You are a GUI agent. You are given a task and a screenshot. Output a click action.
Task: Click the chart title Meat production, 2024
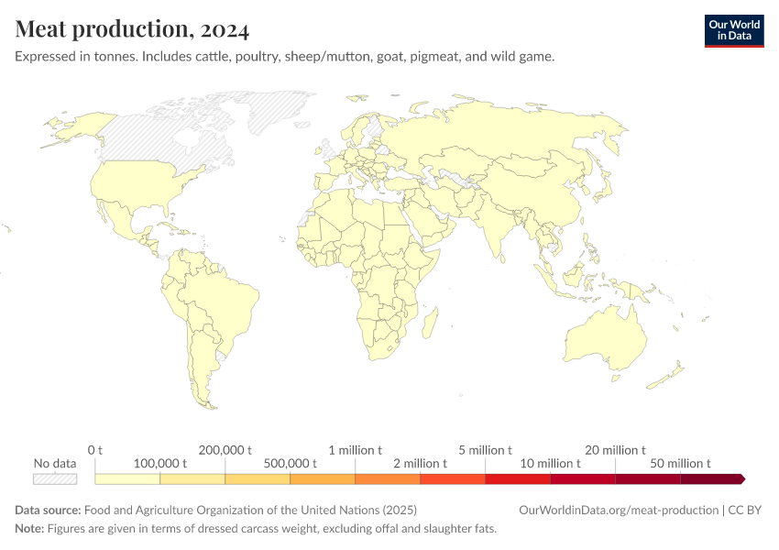[x=132, y=30]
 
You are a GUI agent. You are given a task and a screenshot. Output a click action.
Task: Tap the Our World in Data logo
[x=733, y=30]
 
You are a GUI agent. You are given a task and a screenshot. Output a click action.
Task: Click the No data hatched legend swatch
[x=55, y=478]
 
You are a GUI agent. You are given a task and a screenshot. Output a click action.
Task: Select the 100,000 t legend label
[x=160, y=464]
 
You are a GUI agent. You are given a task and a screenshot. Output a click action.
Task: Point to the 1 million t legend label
[x=356, y=450]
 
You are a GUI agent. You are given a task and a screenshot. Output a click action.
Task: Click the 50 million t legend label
[x=681, y=464]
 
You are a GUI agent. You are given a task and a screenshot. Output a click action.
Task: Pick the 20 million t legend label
[x=616, y=450]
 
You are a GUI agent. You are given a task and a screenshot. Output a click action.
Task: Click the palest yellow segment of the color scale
[x=127, y=478]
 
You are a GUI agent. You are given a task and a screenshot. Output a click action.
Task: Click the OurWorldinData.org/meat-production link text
[x=618, y=510]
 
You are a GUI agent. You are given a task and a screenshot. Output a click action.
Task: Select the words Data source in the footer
[x=48, y=510]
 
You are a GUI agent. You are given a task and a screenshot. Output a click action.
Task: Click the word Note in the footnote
[x=29, y=529]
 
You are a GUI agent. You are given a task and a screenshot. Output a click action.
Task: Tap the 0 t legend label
[x=95, y=450]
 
